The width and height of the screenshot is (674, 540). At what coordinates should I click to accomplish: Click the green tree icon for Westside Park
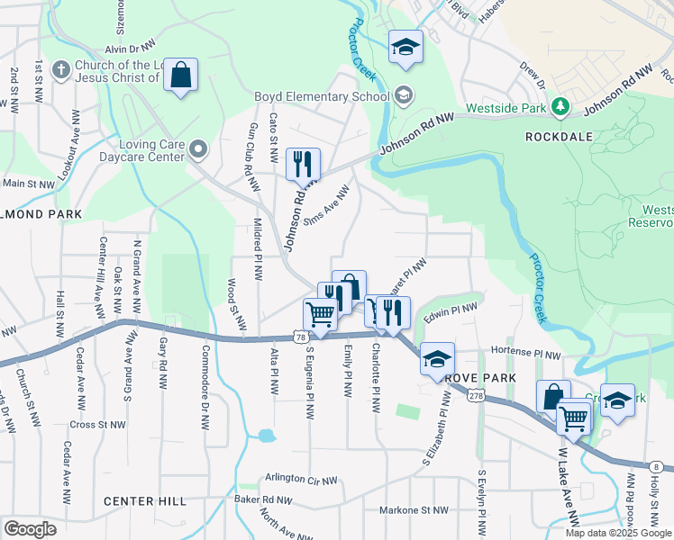pyautogui.click(x=560, y=108)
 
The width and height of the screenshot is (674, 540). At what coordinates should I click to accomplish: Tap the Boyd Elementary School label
pyautogui.click(x=322, y=95)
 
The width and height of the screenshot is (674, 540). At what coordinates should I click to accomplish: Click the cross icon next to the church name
pyautogui.click(x=61, y=69)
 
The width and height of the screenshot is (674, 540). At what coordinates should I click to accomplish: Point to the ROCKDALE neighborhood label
pyautogui.click(x=560, y=137)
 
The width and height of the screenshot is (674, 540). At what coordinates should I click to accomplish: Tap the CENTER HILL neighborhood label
pyautogui.click(x=144, y=501)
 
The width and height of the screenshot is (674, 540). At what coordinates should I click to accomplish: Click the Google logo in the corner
pyautogui.click(x=30, y=528)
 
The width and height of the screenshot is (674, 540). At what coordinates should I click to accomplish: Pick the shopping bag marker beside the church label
pyautogui.click(x=181, y=76)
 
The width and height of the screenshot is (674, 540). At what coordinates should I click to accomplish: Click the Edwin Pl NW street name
pyautogui.click(x=451, y=312)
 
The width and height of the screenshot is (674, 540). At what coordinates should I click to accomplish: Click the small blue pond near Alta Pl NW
pyautogui.click(x=265, y=436)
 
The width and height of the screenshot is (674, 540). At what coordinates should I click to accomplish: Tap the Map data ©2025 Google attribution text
pyautogui.click(x=617, y=533)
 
